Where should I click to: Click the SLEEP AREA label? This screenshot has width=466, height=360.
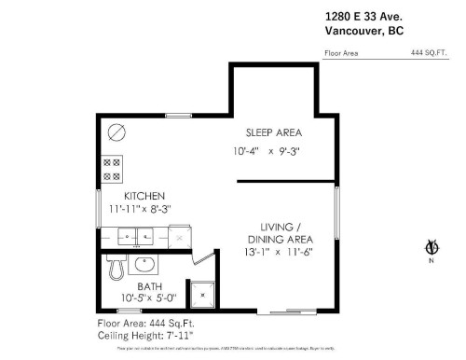click(x=272, y=132)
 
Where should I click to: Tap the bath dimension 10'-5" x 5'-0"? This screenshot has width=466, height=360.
click(x=148, y=298)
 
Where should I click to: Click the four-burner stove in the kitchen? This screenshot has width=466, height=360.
click(x=111, y=168)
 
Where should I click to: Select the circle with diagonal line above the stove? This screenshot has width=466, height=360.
click(x=116, y=131)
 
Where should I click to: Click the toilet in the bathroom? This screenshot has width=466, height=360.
click(x=116, y=268)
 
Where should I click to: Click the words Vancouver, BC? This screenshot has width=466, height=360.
click(x=363, y=31)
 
